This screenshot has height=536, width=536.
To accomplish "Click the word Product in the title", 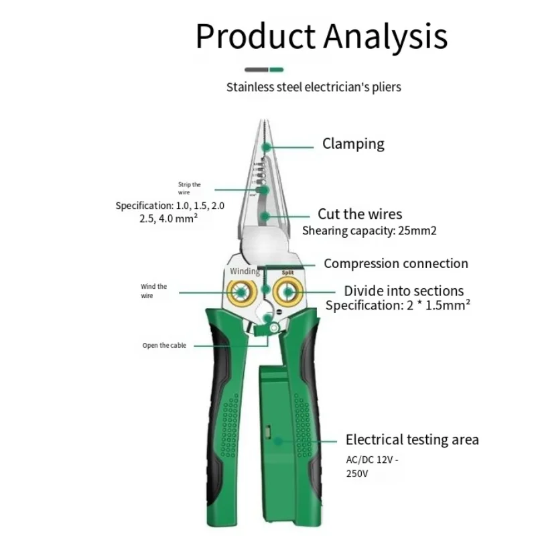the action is click(x=255, y=36).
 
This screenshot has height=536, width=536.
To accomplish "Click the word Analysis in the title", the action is click(x=386, y=36).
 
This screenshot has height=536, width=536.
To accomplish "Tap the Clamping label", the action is click(x=353, y=144).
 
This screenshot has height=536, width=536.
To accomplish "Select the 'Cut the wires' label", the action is click(x=360, y=214).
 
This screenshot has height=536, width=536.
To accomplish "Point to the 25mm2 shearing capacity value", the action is click(x=417, y=230).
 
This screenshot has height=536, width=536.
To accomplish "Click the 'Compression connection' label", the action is click(x=396, y=263).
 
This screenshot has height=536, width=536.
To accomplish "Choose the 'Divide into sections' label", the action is click(x=404, y=291).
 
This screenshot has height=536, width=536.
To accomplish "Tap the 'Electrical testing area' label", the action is click(x=412, y=440).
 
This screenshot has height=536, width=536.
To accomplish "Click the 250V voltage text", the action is click(x=357, y=474).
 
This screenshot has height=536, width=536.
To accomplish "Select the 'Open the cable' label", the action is click(x=164, y=346).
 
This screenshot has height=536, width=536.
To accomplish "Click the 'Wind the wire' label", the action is click(x=154, y=291).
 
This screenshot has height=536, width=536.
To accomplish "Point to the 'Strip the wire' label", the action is click(x=190, y=188).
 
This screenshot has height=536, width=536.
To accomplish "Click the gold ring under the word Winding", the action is click(x=242, y=292).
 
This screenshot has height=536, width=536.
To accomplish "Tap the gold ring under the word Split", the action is click(x=287, y=292).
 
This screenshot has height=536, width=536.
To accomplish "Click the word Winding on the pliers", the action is click(x=245, y=271).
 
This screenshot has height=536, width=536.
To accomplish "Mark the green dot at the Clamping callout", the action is click(x=266, y=147).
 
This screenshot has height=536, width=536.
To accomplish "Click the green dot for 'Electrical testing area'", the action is click(x=279, y=442).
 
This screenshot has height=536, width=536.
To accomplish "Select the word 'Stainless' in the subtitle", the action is click(x=251, y=87).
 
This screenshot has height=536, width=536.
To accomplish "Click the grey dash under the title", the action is click(x=257, y=70).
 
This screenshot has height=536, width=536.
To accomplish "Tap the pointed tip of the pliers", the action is click(x=264, y=121).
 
